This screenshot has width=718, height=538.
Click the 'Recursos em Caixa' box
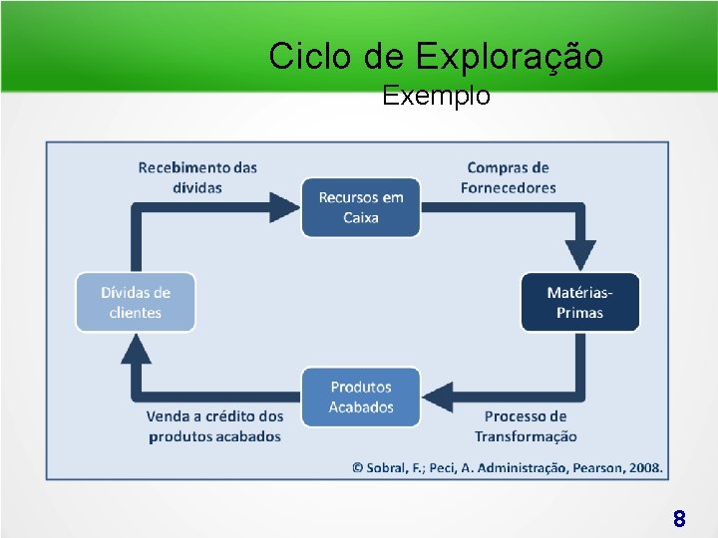[x=361, y=207]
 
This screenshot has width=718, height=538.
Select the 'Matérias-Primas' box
[x=579, y=302]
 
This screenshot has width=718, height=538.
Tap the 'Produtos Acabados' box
[x=361, y=397]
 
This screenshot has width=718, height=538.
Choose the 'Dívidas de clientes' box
[x=136, y=302]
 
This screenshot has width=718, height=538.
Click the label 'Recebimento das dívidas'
[x=197, y=177]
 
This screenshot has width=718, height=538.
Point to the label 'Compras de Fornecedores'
[x=508, y=177]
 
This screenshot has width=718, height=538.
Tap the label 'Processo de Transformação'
[x=526, y=426]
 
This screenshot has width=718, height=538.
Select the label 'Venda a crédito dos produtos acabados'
[x=214, y=426]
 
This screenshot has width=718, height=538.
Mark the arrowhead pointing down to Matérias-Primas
[x=579, y=255]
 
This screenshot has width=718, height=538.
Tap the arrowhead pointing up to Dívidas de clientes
[x=136, y=348]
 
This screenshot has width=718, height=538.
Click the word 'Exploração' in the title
[x=509, y=57]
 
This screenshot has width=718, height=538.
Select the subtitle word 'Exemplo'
[x=436, y=96]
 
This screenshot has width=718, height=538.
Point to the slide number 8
[x=679, y=518]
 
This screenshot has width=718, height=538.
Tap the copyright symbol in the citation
[x=357, y=467]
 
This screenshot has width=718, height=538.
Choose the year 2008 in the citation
[x=644, y=467]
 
